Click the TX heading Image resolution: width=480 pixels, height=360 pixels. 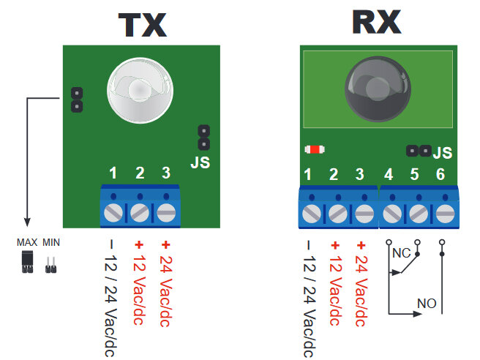(x=143, y=25)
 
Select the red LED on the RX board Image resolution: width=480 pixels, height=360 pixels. (x=314, y=150)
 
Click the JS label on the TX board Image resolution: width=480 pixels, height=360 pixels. (x=200, y=162)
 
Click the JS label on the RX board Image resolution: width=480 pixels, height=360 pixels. (x=443, y=154)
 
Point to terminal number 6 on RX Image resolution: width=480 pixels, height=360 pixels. (x=440, y=175)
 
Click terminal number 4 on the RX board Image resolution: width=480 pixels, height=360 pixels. (x=389, y=175)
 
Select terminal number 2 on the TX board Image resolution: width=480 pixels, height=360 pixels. (x=140, y=173)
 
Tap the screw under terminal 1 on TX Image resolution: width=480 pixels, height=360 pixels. (x=114, y=213)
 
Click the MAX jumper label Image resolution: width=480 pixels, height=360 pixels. (x=27, y=241)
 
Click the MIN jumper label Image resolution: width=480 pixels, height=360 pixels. (x=51, y=241)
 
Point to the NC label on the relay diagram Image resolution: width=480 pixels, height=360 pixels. (x=400, y=254)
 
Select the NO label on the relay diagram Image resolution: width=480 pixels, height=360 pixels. (x=427, y=302)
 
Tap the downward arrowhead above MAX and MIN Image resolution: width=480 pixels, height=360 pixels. (x=27, y=222)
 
